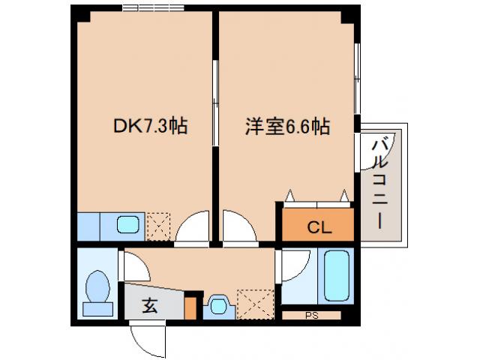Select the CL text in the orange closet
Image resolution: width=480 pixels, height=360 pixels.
point(318,226)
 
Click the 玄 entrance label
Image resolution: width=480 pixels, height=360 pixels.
point(150,305)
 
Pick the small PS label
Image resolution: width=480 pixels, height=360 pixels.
point(311,316)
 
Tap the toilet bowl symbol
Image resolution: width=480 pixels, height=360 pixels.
point(97,289)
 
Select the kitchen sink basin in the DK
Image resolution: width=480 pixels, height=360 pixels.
point(127,224)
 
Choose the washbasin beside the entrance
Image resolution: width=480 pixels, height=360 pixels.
point(218,305)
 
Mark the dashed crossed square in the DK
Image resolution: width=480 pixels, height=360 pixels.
point(158,223)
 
